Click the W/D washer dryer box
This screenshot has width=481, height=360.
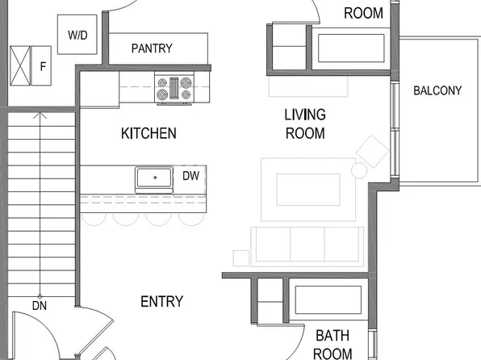pos(78,35)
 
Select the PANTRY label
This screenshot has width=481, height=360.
pos(152,48)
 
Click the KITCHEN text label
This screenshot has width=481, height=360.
pos(148,133)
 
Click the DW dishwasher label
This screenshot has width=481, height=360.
pos(190,176)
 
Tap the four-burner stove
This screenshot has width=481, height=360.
pos(175,88)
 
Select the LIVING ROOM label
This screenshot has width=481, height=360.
pos(305,124)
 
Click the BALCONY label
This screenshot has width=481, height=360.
pos(437,90)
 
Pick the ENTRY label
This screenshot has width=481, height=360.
pos(161,302)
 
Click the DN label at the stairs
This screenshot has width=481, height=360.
pos(39,306)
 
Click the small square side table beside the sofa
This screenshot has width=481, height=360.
pos(240,258)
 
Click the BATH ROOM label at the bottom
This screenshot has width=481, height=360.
pos(333,344)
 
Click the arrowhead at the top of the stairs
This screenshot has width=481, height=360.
pos(39,115)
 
